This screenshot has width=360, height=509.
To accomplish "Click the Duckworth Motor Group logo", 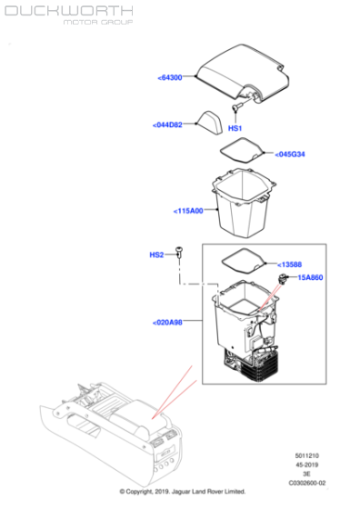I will click(68, 16).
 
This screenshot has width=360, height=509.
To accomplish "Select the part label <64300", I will click(170, 78).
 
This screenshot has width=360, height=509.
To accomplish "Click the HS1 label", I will click(235, 128).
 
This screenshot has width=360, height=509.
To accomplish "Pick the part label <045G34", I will click(290, 154).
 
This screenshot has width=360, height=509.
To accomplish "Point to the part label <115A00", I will click(189, 211).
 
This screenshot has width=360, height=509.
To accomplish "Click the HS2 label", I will click(156, 255).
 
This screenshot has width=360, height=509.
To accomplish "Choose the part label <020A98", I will click(167, 322).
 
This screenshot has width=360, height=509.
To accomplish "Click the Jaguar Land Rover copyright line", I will click(182, 492).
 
